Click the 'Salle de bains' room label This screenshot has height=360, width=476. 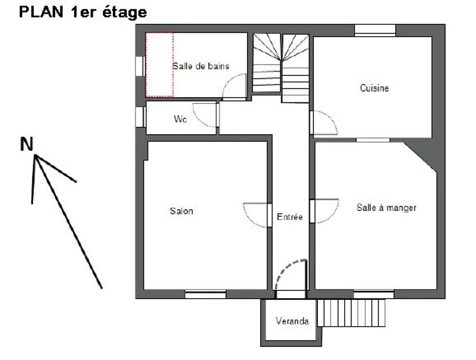point(201,66)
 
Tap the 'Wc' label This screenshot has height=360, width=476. point(180,119)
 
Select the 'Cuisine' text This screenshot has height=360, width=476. point(374,88)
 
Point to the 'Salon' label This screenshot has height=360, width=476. point(181,211)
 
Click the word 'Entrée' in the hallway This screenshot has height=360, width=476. point(289,217)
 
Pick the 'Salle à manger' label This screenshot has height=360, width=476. point(386,208)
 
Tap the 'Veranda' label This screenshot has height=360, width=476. point(292,321)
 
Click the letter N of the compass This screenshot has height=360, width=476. point(26,144)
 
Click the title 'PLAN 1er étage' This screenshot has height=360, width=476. point(83,12)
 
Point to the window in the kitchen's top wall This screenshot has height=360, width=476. point(375,30)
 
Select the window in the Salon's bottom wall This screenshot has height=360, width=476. point(206,294)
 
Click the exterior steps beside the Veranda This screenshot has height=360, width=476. point(352,313)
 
